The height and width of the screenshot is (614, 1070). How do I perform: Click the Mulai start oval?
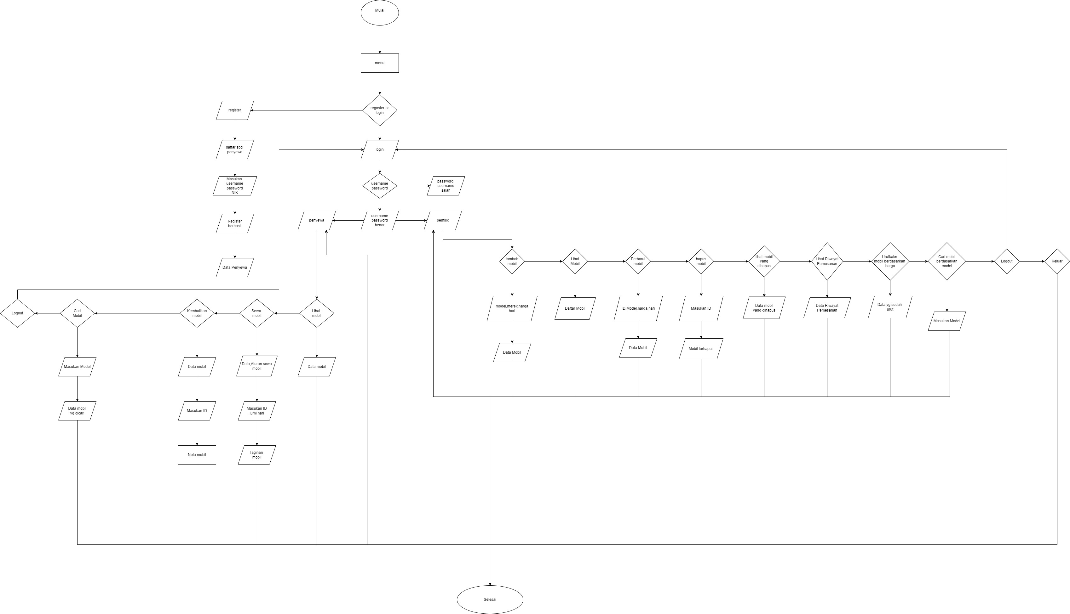click(x=379, y=13)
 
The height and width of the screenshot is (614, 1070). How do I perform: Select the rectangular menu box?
click(x=379, y=63)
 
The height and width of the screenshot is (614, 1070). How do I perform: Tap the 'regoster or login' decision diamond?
click(x=379, y=110)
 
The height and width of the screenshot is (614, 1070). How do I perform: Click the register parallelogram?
click(x=235, y=110)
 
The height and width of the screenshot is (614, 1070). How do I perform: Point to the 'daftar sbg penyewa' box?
click(x=235, y=150)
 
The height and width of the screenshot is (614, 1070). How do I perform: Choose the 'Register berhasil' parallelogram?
click(x=235, y=223)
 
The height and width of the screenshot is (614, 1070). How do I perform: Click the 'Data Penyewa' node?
click(x=235, y=268)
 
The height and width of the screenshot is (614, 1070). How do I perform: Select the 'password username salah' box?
click(x=446, y=186)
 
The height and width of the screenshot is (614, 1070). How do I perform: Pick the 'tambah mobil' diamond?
click(x=512, y=262)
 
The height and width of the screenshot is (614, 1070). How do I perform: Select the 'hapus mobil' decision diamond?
click(x=701, y=262)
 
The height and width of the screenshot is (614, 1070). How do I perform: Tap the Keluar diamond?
click(x=1057, y=262)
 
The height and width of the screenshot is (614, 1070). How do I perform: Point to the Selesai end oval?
click(x=490, y=599)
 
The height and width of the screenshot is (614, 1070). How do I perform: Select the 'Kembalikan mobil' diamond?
click(x=197, y=313)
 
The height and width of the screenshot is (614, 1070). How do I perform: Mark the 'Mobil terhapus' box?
click(x=701, y=349)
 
